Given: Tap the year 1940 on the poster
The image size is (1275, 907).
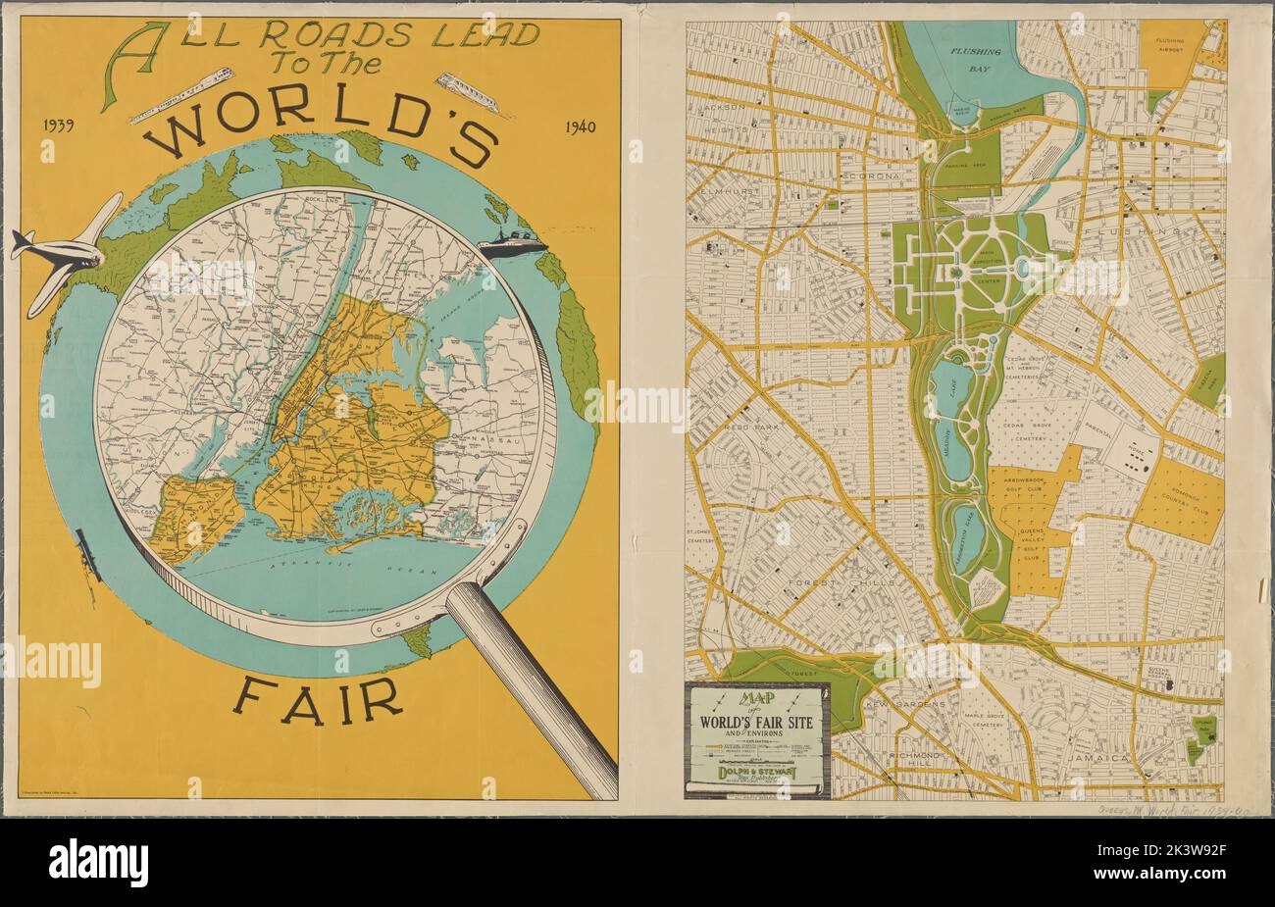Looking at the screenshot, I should coord(585,126).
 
